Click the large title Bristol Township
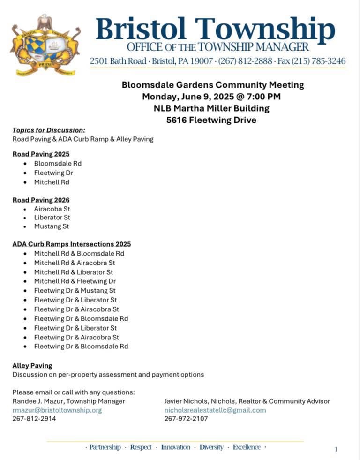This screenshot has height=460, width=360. (x=215, y=29)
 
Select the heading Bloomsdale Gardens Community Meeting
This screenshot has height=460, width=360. (x=213, y=85)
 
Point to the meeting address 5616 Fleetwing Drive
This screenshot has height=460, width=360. (x=211, y=120)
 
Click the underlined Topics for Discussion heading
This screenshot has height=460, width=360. (x=49, y=130)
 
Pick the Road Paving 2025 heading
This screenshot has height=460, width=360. (x=41, y=154)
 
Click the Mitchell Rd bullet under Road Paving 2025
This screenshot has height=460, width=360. (x=52, y=182)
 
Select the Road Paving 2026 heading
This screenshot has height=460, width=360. (x=41, y=200)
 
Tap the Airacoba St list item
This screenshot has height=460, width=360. (x=52, y=209)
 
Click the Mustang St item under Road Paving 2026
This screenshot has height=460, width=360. (x=52, y=226)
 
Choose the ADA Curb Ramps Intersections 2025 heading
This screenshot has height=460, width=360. (x=72, y=244)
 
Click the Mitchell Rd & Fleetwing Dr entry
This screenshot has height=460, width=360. (x=75, y=281)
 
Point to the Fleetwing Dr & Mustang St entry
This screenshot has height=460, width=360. (x=75, y=291)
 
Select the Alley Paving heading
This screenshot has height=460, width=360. (x=32, y=365)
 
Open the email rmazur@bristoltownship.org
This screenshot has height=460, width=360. (x=57, y=410)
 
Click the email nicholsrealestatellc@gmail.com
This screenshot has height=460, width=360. (x=215, y=410)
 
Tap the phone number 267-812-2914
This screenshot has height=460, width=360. (x=34, y=419)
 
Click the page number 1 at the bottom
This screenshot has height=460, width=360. (x=336, y=449)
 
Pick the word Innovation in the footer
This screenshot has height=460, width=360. (x=176, y=447)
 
